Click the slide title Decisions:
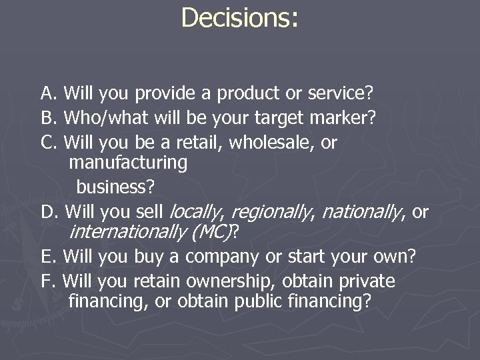tap(239, 19)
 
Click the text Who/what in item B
tap(102, 118)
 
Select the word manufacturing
tap(127, 162)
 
